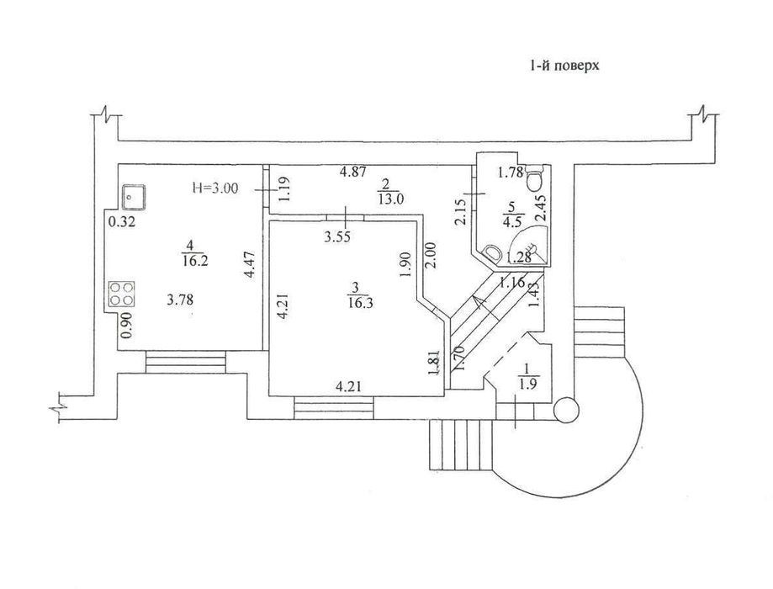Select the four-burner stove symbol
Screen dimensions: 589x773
click(122, 296)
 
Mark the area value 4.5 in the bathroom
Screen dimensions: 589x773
click(510, 223)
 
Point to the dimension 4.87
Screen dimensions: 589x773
click(353, 172)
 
